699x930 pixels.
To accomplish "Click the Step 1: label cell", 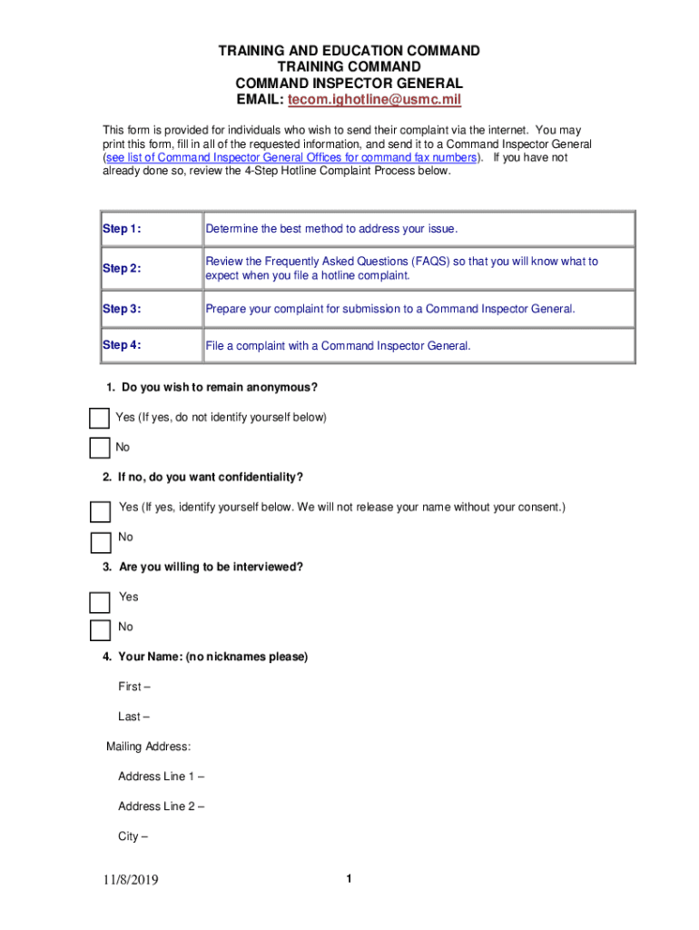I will click(x=122, y=229).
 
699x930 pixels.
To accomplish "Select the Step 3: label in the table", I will click(x=122, y=309).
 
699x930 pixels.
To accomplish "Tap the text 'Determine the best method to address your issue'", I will click(x=332, y=229).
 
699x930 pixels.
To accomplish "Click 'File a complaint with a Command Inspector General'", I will click(x=339, y=345).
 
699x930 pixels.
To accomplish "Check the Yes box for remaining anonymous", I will click(x=99, y=418).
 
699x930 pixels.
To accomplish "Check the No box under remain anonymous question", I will click(x=99, y=448).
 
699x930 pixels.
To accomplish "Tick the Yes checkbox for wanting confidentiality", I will click(x=100, y=511).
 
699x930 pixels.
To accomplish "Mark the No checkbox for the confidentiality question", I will click(x=100, y=542).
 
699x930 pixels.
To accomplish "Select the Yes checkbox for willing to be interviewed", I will click(x=99, y=602).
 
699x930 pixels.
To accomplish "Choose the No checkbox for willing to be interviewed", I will click(x=99, y=630).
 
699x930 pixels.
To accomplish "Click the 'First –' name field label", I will click(x=134, y=687).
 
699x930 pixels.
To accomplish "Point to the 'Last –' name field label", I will click(x=134, y=717).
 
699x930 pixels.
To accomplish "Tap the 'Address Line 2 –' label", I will click(x=161, y=806).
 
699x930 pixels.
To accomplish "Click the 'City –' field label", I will click(x=133, y=836).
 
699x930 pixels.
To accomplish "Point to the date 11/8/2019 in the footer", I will click(x=130, y=880).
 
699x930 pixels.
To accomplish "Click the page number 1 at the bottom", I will click(x=349, y=878).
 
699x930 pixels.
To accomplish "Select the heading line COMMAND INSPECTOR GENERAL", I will click(x=349, y=84).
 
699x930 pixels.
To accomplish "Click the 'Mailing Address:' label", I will click(x=148, y=747).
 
